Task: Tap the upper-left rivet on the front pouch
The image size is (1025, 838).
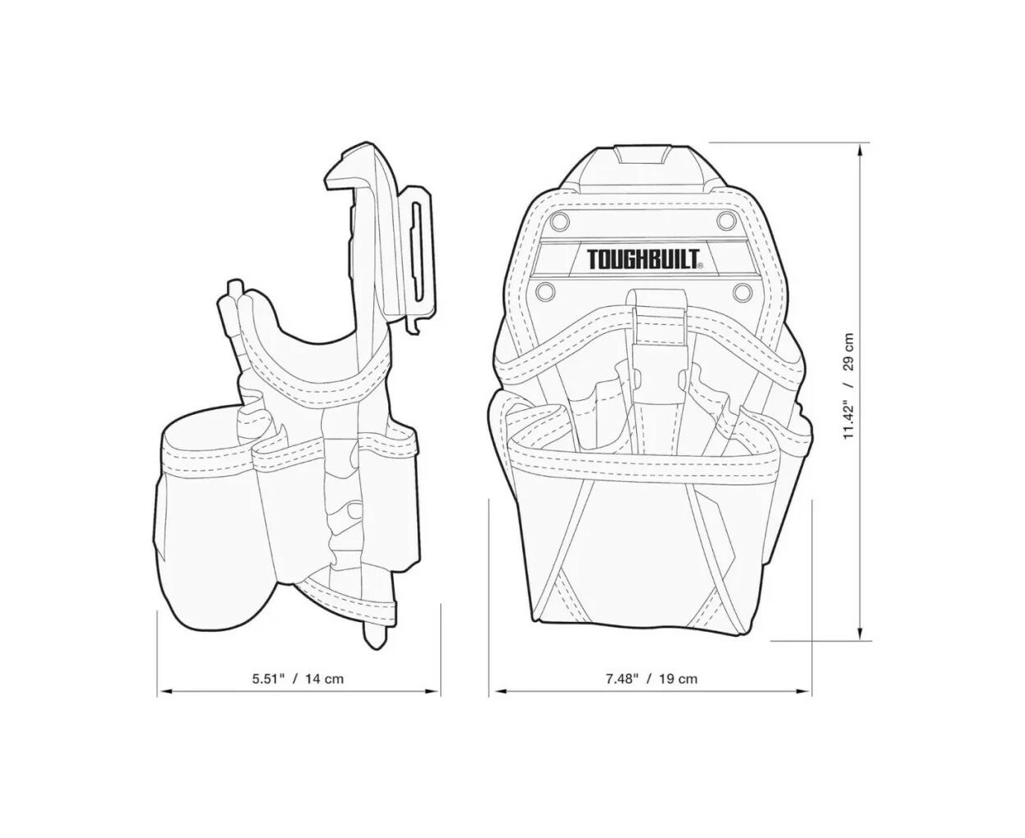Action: pyautogui.click(x=560, y=221)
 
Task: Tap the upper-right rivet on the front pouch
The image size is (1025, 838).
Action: pyautogui.click(x=725, y=221)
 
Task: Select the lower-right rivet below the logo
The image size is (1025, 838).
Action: pyautogui.click(x=742, y=292)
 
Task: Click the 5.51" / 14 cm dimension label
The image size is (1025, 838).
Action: pyautogui.click(x=298, y=678)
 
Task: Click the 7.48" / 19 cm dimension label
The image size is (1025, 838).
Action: pyautogui.click(x=651, y=678)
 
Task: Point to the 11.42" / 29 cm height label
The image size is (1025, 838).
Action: pyautogui.click(x=848, y=386)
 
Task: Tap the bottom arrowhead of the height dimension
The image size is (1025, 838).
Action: pyautogui.click(x=860, y=634)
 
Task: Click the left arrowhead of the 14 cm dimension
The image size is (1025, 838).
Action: pyautogui.click(x=164, y=691)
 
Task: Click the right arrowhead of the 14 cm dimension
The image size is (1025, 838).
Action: pyautogui.click(x=434, y=691)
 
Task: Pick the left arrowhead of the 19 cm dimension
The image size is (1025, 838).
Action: pyautogui.click(x=496, y=691)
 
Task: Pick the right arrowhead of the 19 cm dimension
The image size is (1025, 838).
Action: pyautogui.click(x=804, y=691)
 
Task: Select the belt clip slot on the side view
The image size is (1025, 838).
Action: pyautogui.click(x=417, y=255)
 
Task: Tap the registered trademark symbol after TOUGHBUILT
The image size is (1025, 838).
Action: pyautogui.click(x=700, y=266)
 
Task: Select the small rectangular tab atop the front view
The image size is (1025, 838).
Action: pyautogui.click(x=643, y=155)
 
